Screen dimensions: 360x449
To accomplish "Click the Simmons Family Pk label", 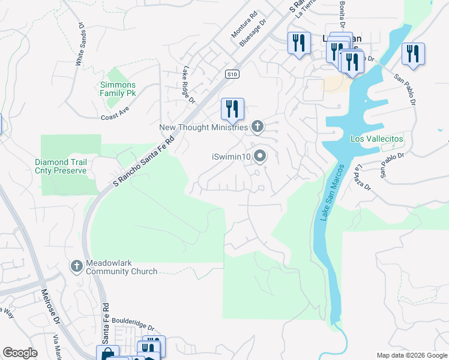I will tap(118, 89).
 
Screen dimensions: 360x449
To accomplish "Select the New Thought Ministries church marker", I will tap(258, 126).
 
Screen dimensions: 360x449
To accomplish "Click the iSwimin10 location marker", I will tap(260, 157).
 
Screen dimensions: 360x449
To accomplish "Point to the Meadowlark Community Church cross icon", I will tap(76, 266).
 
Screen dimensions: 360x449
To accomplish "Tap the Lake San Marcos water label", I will tap(333, 192).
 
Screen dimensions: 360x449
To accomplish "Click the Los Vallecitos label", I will tap(377, 139).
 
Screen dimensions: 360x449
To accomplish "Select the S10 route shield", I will tap(233, 74).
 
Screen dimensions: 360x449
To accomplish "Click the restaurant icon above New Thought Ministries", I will tap(232, 108).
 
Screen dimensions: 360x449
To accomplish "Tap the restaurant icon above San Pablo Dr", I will tap(413, 53).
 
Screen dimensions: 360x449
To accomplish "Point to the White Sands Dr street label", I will tap(80, 44).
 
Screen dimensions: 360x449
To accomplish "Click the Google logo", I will tap(20, 353).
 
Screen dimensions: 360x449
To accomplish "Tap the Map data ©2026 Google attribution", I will tap(411, 355).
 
